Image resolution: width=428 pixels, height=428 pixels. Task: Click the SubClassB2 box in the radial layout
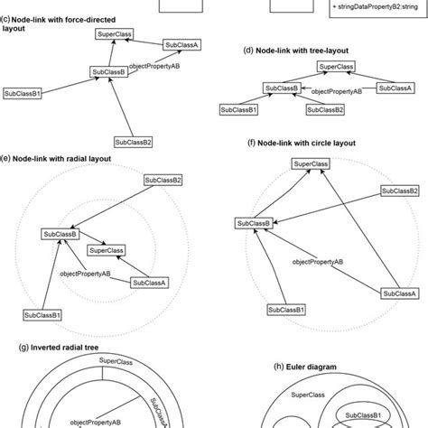coord(163,180)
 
